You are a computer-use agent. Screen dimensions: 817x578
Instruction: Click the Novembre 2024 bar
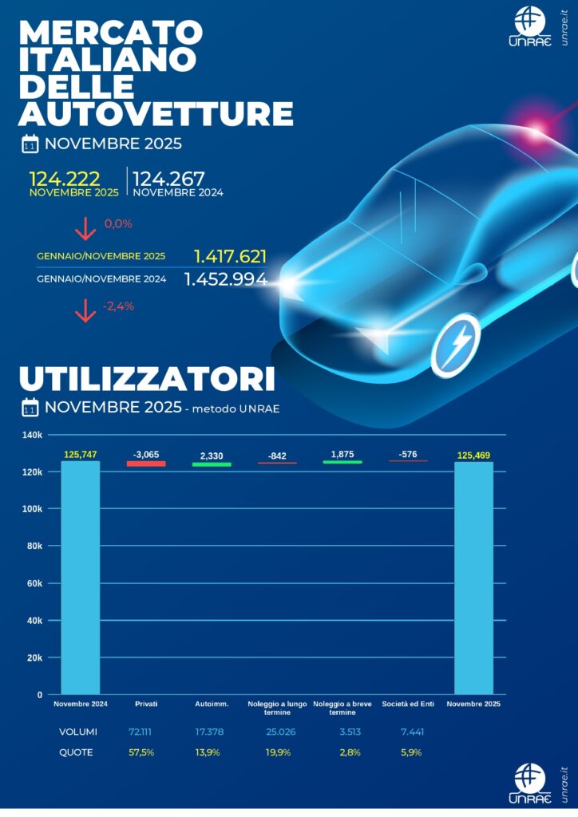pos(81,578)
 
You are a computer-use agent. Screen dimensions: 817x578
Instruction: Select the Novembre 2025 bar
pos(474,578)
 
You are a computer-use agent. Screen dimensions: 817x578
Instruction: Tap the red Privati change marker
pos(146,464)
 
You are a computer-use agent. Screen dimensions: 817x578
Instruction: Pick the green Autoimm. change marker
pos(212,464)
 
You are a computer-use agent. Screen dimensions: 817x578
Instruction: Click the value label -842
pos(277,456)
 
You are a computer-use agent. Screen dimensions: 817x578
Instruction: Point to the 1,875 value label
pos(342,454)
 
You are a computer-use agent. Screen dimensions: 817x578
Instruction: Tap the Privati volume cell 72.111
pos(144,732)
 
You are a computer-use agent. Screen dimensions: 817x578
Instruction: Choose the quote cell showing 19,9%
pos(276,752)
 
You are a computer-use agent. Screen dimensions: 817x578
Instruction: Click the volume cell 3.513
pos(343,732)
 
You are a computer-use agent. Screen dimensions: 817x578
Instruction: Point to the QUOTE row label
pos(76,752)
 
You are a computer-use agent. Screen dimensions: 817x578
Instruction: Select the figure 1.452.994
pos(226,279)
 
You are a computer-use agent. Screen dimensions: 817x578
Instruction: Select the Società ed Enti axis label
pos(408,704)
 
